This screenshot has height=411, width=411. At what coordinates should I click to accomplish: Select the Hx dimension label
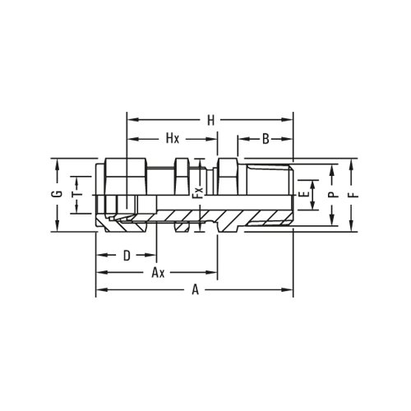(x=172, y=139)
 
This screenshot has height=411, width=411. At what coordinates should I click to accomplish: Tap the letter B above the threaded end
(x=266, y=139)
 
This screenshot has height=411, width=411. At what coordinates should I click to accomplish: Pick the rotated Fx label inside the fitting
(x=197, y=197)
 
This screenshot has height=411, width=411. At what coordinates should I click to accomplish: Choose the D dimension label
(x=127, y=256)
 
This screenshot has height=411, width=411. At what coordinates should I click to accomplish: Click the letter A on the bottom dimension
(x=195, y=289)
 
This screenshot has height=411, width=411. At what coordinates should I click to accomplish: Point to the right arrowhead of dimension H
(x=290, y=120)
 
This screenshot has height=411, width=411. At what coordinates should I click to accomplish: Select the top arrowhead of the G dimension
(x=56, y=162)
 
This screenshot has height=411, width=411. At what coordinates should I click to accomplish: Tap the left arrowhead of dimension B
(x=240, y=139)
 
